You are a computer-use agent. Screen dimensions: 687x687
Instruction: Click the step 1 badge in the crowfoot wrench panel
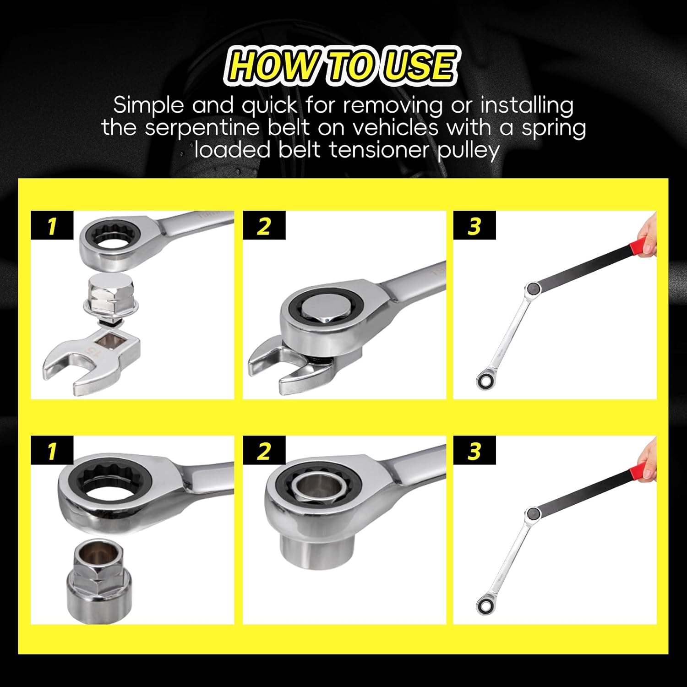pos(52,225)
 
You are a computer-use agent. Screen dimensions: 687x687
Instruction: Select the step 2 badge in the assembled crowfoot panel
pos(264,225)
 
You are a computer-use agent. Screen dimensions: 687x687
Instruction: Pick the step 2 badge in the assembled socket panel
pos(264,451)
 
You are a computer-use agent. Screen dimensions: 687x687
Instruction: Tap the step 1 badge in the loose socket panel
pos(52,451)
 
